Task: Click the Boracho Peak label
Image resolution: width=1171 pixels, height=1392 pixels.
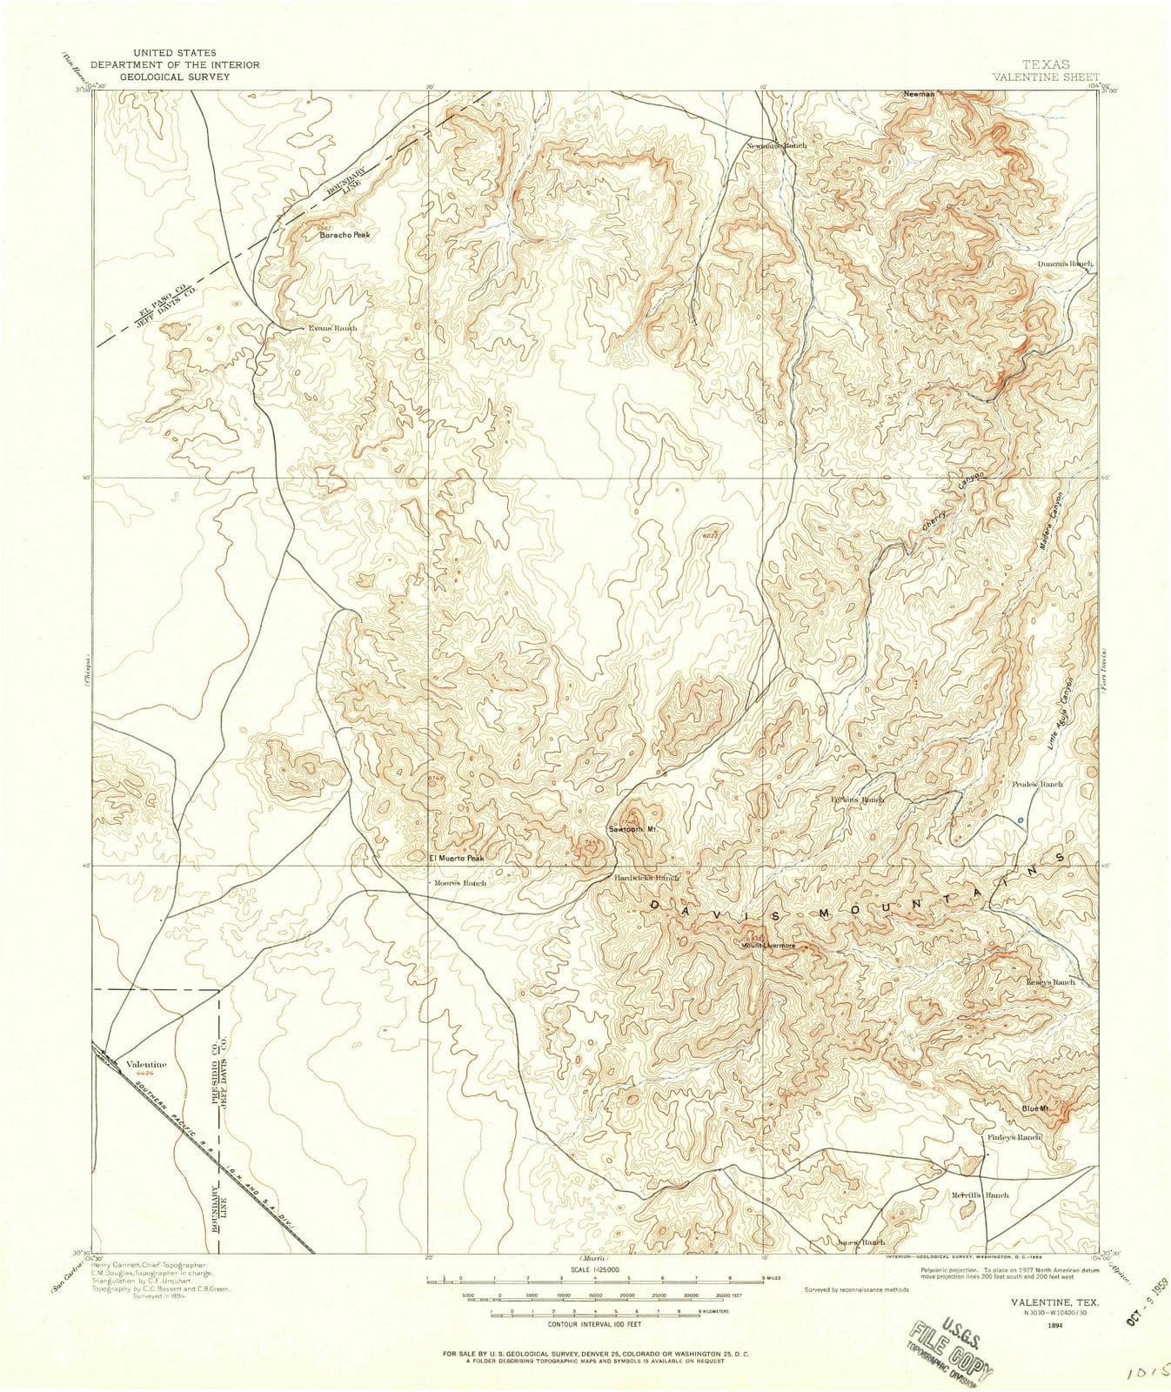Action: (x=345, y=236)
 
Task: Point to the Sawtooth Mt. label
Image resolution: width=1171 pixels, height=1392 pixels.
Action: (x=637, y=830)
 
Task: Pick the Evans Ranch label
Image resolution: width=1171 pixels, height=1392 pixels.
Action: (x=332, y=328)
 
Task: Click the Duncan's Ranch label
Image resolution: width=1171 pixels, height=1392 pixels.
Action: (x=1064, y=263)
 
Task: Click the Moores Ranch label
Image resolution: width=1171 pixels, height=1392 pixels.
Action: (x=461, y=882)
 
